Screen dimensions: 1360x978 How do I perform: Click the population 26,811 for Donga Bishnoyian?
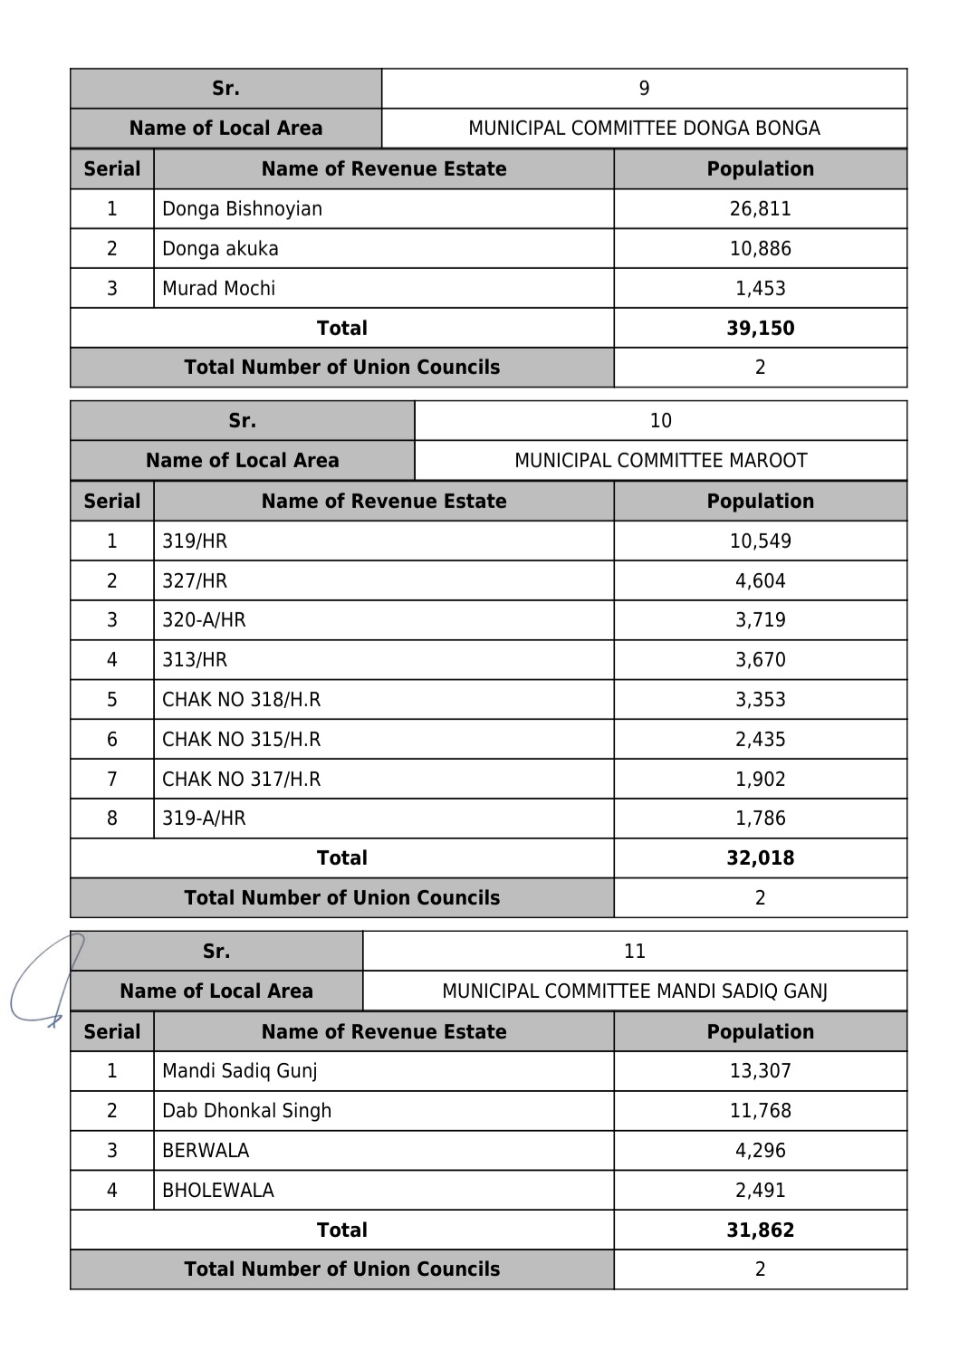[x=760, y=209]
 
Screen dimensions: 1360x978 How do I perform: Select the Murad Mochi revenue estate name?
[x=218, y=289]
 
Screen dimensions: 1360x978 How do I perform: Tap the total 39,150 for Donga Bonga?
[x=760, y=329]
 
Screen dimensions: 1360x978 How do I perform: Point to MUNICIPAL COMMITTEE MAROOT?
[x=660, y=461]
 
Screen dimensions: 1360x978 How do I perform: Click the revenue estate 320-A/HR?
[x=204, y=620]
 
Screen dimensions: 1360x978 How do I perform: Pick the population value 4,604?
[x=760, y=581]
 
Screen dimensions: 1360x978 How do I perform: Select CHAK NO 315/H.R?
[x=241, y=740]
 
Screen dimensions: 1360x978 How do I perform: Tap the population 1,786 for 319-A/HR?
[x=760, y=819]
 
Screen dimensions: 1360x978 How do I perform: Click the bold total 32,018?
[x=760, y=858]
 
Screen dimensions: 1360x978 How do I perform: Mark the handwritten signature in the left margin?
[x=45, y=982]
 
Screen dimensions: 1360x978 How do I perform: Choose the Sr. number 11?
[x=634, y=952]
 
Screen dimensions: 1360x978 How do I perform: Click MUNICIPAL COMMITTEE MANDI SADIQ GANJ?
[x=634, y=991]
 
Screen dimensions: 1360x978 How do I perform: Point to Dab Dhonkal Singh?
[x=246, y=1111]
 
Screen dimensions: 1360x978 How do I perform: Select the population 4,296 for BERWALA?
[x=760, y=1151]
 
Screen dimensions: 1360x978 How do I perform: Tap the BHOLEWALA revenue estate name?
[x=217, y=1191]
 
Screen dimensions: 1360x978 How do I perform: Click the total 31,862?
[x=760, y=1231]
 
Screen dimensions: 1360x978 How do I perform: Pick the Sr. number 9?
[x=644, y=89]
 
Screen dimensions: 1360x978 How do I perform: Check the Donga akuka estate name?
[x=220, y=249]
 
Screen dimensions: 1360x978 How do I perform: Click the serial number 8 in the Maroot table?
[x=111, y=819]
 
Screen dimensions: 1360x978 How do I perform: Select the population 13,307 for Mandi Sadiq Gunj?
[x=760, y=1071]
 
